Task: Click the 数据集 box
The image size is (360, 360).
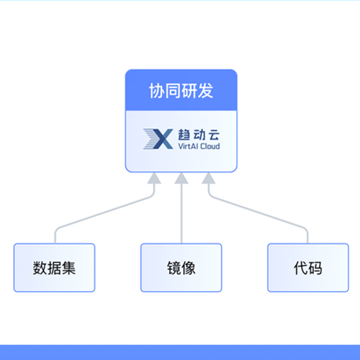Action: pyautogui.click(x=55, y=268)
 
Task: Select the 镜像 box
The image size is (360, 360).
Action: pyautogui.click(x=181, y=268)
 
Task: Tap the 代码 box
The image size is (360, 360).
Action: pyautogui.click(x=308, y=268)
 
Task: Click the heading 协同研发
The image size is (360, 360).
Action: pyautogui.click(x=181, y=91)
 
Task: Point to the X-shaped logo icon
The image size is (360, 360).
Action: pyautogui.click(x=158, y=139)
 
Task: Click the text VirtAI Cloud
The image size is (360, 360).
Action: pyautogui.click(x=199, y=146)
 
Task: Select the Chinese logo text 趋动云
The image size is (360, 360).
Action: pyautogui.click(x=199, y=135)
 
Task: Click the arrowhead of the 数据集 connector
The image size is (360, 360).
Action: pyautogui.click(x=154, y=178)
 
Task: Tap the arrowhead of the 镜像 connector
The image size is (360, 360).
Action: pyautogui.click(x=181, y=178)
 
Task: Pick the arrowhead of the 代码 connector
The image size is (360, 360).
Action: pyautogui.click(x=209, y=178)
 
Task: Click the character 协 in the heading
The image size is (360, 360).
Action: pyautogui.click(x=157, y=91)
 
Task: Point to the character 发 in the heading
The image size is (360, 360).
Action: pyautogui.click(x=205, y=91)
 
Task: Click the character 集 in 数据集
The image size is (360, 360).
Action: pyautogui.click(x=68, y=268)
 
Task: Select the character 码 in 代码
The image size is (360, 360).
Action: pyautogui.click(x=315, y=268)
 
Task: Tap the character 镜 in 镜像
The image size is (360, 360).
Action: pyautogui.click(x=174, y=268)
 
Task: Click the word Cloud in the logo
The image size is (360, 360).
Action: pyautogui.click(x=210, y=146)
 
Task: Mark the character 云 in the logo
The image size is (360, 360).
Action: pyautogui.click(x=214, y=135)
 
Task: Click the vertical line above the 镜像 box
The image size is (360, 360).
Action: pyautogui.click(x=181, y=214)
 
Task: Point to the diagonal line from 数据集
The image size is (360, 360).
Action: pyautogui.click(x=104, y=212)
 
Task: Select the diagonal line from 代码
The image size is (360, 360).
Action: pyautogui.click(x=258, y=212)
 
